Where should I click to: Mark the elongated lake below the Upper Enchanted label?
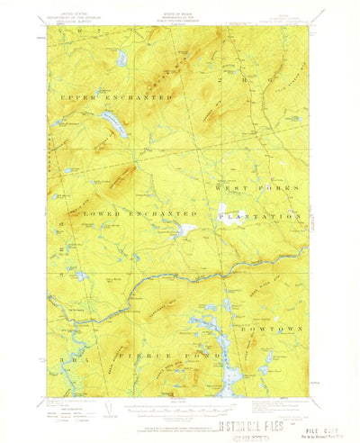coord(112,124)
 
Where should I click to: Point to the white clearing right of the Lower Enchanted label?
coord(186,230)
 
